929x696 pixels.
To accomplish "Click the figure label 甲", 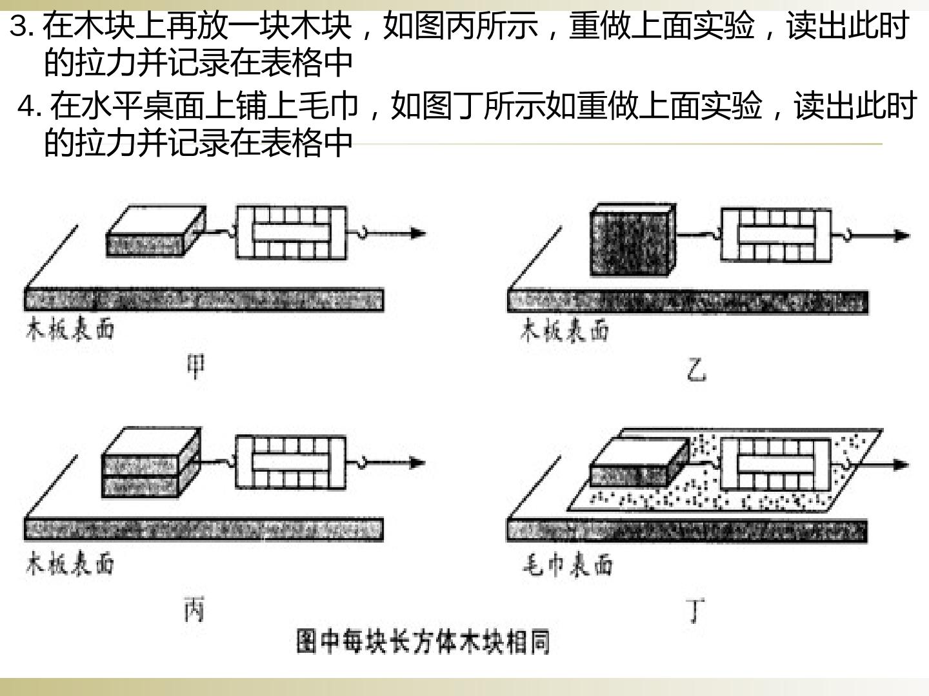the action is [x=196, y=367].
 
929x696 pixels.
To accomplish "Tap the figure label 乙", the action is [x=696, y=371].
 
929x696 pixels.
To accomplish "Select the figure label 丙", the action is [x=194, y=610].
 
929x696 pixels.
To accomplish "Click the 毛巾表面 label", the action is [x=568, y=565].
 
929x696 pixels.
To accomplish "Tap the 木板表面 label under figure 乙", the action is [x=564, y=330].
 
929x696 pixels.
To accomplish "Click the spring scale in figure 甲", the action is [x=291, y=233].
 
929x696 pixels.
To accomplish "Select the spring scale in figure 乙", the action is [x=776, y=235].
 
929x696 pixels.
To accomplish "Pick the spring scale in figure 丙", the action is [x=291, y=462].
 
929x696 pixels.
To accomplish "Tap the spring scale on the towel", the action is [x=776, y=465].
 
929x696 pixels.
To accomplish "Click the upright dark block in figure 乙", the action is [x=633, y=240].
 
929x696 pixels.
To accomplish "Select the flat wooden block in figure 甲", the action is [x=156, y=231].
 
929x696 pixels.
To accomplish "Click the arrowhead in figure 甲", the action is [x=418, y=233].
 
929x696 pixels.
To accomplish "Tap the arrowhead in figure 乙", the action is [x=902, y=236].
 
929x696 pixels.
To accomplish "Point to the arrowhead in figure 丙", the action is [x=417, y=463].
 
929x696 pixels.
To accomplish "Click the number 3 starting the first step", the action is [x=19, y=27].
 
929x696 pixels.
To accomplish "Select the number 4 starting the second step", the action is [x=26, y=108].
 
